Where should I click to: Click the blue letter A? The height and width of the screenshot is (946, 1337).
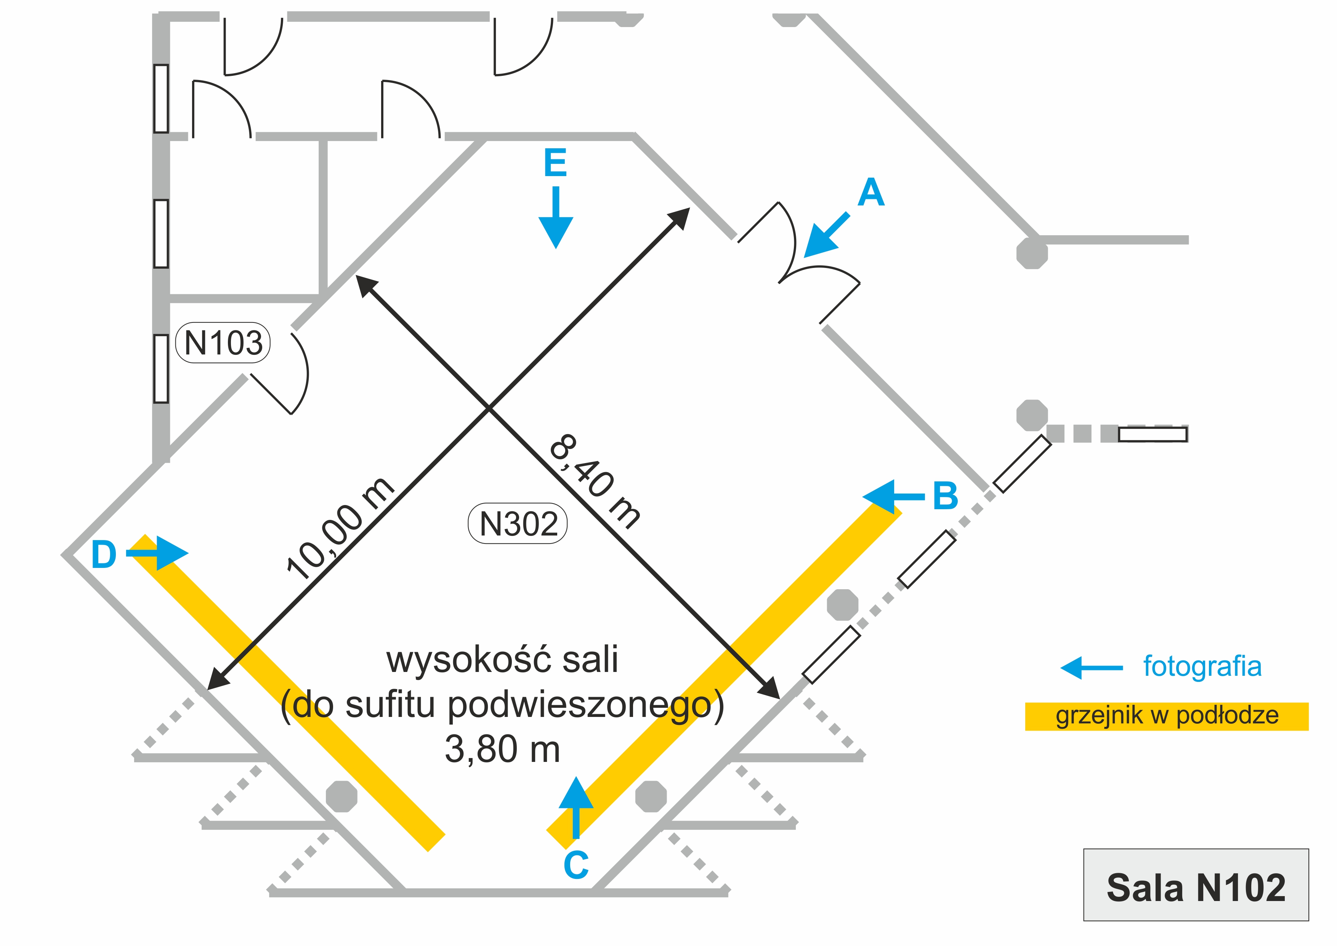point(871,193)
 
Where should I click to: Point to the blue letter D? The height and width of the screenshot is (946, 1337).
point(104,555)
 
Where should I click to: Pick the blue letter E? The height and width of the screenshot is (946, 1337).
point(555,163)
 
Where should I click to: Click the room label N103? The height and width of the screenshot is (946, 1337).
point(223,343)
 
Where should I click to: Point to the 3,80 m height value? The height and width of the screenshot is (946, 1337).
point(502,750)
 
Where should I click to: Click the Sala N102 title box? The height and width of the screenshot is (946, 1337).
point(1196,888)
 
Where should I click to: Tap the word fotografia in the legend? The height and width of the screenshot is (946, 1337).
point(1202,666)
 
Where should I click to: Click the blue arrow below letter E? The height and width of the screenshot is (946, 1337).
point(556,218)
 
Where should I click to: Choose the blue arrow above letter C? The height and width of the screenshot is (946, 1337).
point(576,807)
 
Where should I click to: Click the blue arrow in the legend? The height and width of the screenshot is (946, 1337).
point(1091,667)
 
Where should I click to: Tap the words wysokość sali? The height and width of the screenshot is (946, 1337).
point(502,659)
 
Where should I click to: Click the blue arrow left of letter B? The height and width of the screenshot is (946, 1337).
point(892,497)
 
